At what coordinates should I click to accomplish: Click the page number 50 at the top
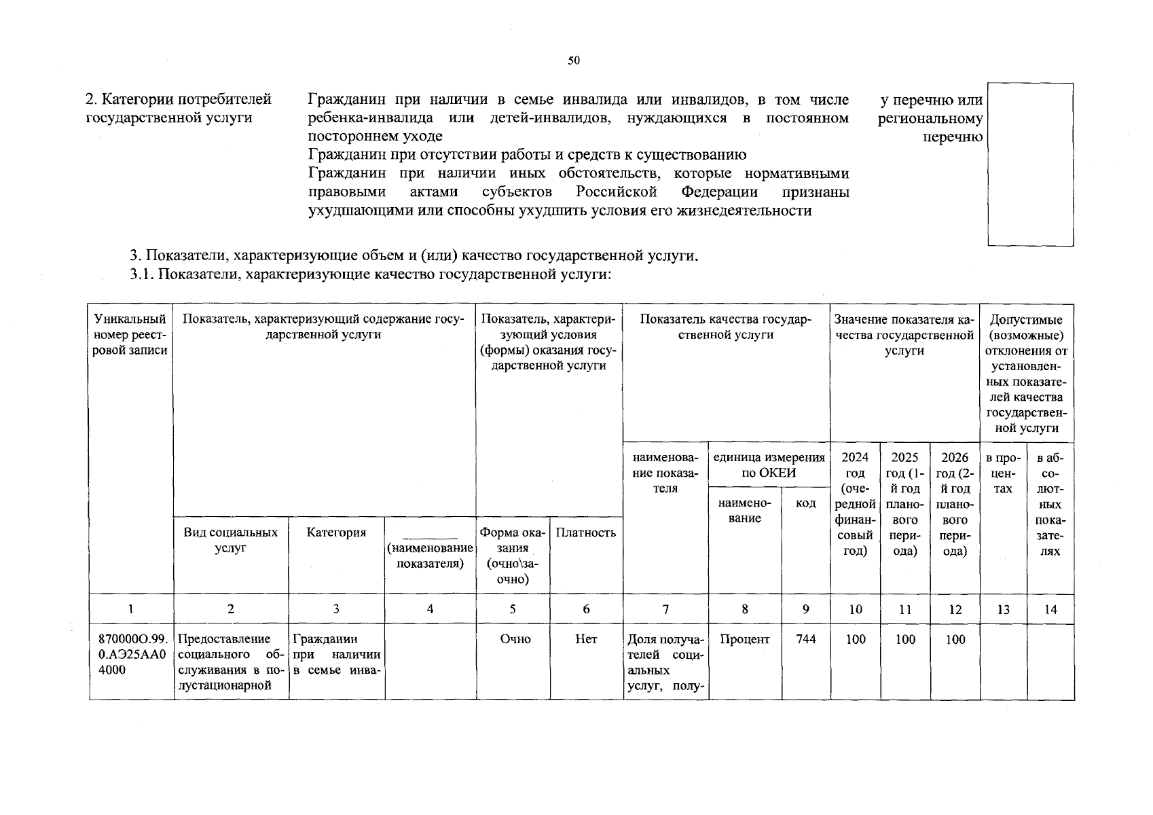coord(574,61)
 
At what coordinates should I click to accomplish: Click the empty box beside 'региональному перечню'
coord(1030,164)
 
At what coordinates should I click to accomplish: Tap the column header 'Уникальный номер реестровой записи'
coord(130,335)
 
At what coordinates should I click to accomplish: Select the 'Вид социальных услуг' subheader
coord(231,541)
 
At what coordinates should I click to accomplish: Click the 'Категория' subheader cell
coord(336,532)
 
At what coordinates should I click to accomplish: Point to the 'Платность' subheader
coord(585,532)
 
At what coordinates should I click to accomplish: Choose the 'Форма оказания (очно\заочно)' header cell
coord(513,556)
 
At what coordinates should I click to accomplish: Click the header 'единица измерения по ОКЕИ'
coord(769,465)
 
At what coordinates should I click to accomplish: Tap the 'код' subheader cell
coord(805,503)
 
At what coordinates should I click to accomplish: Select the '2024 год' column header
coord(855,503)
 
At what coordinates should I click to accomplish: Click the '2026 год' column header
coord(955,503)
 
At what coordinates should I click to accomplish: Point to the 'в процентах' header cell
coord(1003,473)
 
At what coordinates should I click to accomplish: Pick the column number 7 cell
coord(665,609)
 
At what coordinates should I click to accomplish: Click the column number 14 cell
coord(1050,609)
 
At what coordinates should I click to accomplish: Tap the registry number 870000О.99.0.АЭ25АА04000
coord(131,654)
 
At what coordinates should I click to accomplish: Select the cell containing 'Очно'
coord(515,639)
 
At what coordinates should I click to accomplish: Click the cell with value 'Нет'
coord(586,639)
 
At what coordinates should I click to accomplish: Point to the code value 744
coord(805,639)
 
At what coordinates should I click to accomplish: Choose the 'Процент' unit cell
coord(744,639)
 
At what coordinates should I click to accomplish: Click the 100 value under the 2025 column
coord(905,639)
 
